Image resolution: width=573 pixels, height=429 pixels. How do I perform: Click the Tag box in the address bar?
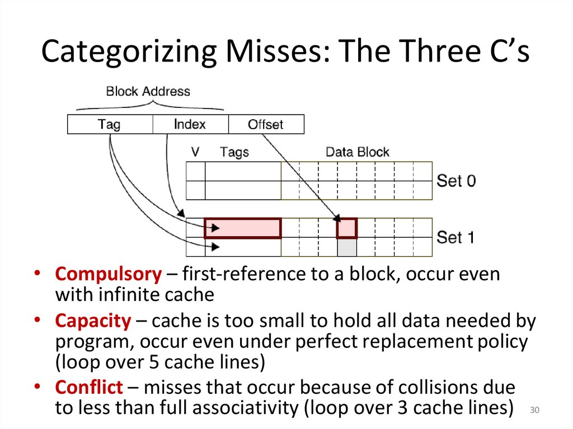[x=110, y=124]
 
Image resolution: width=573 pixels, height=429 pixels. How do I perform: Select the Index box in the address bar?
[x=190, y=124]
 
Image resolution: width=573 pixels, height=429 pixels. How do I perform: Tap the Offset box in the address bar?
[x=266, y=124]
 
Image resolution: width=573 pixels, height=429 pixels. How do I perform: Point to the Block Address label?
[x=148, y=91]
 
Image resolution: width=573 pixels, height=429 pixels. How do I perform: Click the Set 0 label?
[x=456, y=181]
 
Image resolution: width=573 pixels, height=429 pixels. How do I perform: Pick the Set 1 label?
[x=455, y=237]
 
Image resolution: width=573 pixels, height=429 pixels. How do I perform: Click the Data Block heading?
[x=357, y=152]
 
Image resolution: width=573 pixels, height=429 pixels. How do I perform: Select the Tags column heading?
[x=234, y=152]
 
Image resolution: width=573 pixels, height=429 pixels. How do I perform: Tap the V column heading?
[x=195, y=152]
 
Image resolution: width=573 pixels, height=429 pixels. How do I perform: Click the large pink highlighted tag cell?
[x=243, y=228]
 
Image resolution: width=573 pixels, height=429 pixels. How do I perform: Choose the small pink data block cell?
[x=347, y=228]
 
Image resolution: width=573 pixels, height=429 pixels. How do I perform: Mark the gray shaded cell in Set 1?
[x=347, y=247]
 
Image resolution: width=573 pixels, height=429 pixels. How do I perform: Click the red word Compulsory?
[x=108, y=274]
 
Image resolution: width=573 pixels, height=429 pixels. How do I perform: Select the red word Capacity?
[x=92, y=320]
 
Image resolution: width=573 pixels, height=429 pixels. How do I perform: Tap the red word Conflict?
[x=88, y=387]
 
